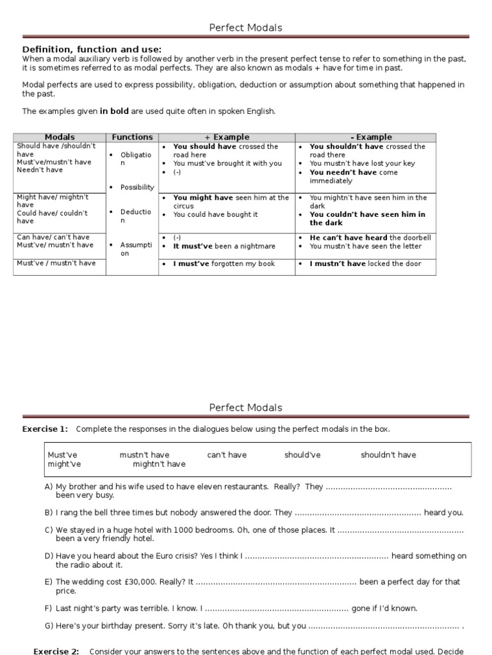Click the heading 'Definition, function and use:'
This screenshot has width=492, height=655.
(92, 49)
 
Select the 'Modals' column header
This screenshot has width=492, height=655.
(60, 137)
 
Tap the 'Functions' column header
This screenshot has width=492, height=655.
(132, 137)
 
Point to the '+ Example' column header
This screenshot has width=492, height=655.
(226, 137)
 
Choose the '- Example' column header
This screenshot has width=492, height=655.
(365, 137)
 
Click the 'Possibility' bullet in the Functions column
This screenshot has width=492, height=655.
(137, 187)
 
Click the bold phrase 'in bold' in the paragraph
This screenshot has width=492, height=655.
(114, 111)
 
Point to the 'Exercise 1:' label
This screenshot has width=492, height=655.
(45, 429)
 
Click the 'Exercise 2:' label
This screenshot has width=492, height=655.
(56, 651)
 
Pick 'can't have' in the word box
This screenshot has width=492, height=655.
(227, 455)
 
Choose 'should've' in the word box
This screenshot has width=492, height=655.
(302, 455)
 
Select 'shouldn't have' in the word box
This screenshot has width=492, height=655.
(388, 455)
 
